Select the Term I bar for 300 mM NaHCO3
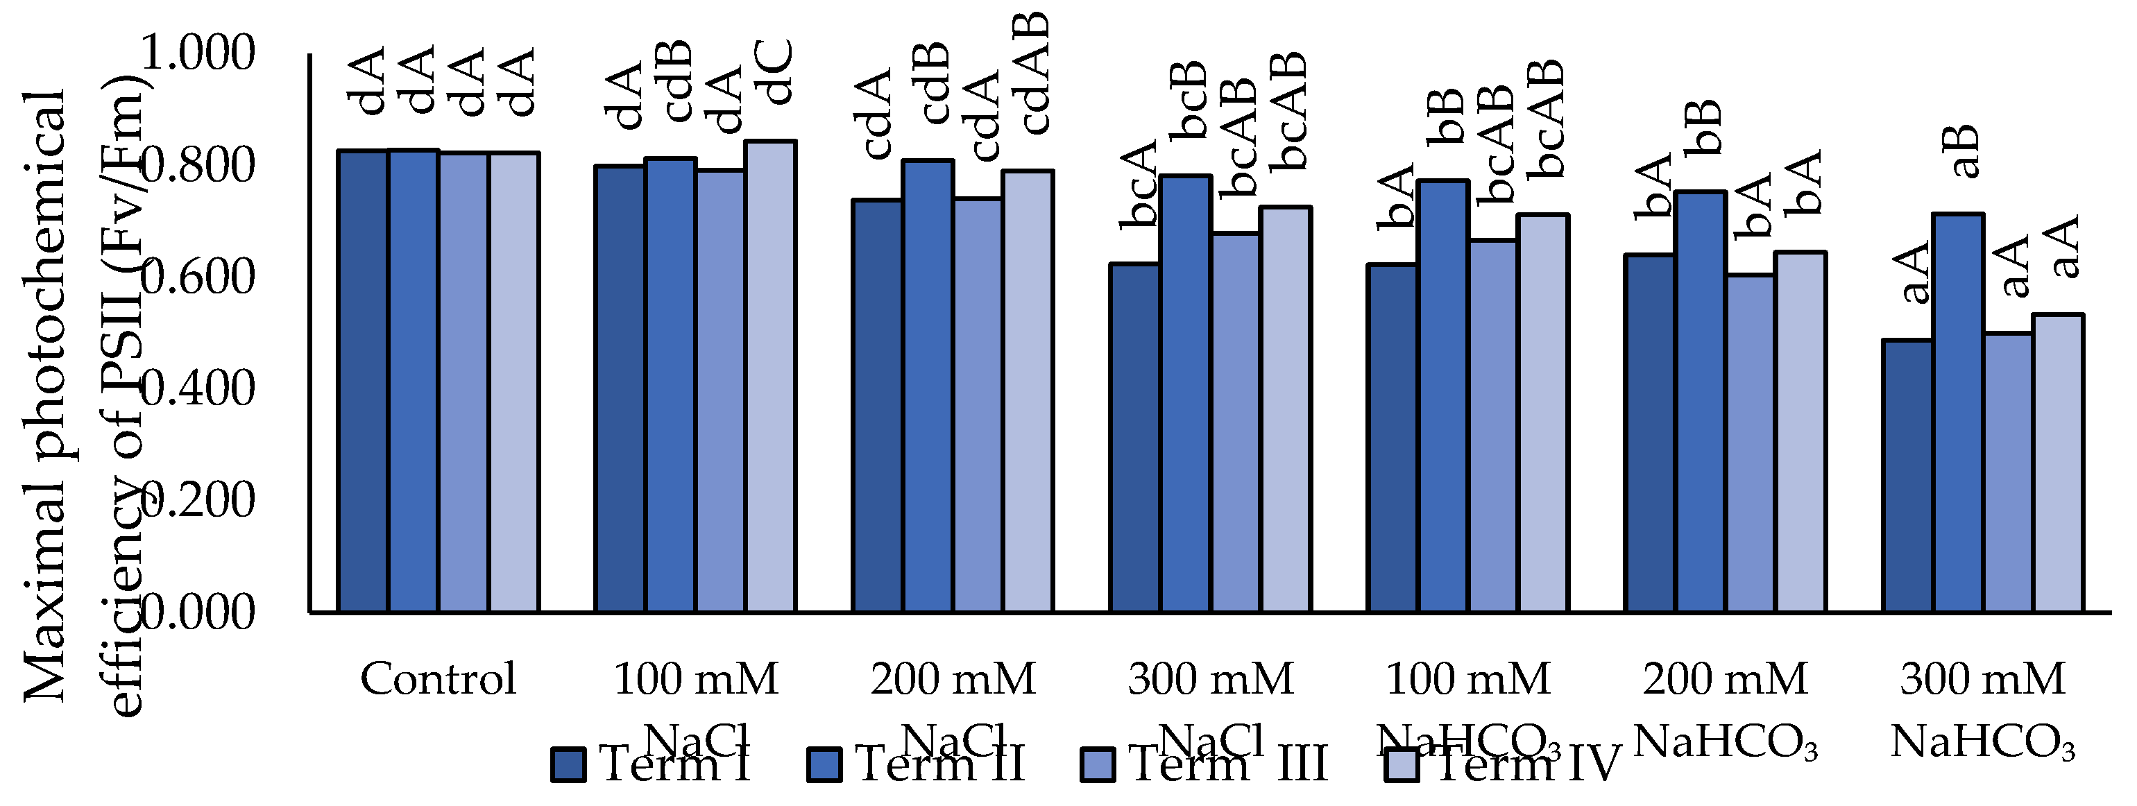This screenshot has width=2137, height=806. point(1907,476)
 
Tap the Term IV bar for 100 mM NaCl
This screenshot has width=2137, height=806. point(772,377)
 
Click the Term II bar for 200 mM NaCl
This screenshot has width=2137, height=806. point(928,386)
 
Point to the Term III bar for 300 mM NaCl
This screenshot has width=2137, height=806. point(1236,423)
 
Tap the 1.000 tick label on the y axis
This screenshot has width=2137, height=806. point(198,53)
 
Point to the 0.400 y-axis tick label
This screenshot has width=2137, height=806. point(198,388)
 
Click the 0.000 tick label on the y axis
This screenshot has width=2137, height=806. point(198,612)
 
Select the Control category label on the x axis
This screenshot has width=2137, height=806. point(438,679)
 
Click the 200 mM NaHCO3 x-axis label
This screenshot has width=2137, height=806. point(1726,709)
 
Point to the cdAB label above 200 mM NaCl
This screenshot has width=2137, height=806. point(1034,73)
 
